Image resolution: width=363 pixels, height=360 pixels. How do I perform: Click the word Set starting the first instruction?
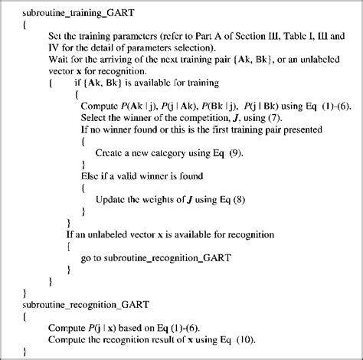coord(59,36)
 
